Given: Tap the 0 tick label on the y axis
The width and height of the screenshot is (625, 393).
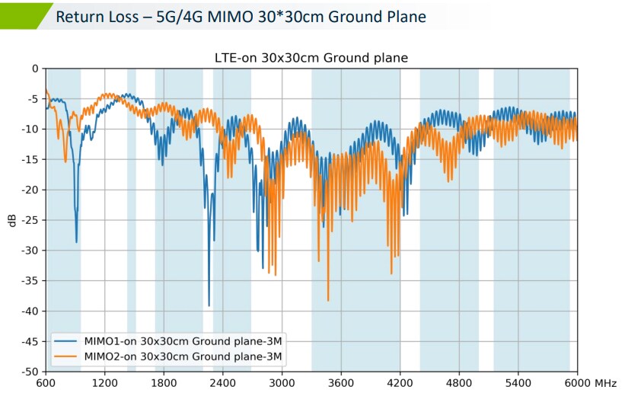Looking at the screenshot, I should pos(34,69).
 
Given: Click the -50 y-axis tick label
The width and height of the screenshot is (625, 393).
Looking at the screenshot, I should pos(30,372).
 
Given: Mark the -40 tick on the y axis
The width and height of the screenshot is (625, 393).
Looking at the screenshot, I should pos(30,311).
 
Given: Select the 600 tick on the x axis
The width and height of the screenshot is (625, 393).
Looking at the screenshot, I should pos(46,383).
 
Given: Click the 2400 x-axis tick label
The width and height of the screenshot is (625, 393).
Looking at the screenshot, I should pos(222,383).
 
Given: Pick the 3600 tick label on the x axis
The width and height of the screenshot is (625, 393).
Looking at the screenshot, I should pos(341,383).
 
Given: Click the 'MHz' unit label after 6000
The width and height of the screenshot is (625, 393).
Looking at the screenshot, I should pos(607,383).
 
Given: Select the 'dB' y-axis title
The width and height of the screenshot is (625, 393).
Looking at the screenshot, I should pos(11,220).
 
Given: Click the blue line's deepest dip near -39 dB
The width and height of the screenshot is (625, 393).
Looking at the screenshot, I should pos(209,305).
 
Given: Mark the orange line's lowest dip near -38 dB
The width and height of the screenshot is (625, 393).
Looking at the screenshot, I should pos(328,299).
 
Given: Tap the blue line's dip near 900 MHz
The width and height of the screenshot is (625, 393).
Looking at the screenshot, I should pos(76,241).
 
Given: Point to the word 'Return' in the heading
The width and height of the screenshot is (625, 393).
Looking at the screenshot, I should pos(81,16).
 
